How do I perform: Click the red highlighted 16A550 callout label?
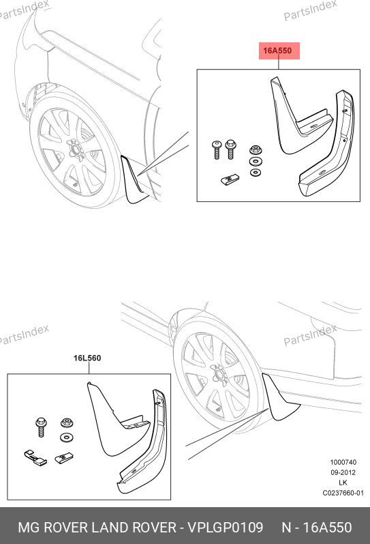[x=279, y=51]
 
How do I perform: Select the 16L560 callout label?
[x=87, y=358]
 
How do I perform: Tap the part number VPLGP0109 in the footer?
[x=225, y=528]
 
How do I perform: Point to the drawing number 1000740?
[x=343, y=462]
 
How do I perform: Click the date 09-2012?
[x=343, y=472]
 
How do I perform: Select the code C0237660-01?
[x=343, y=493]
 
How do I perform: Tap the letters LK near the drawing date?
[x=343, y=483]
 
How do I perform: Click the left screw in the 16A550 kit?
[x=217, y=149]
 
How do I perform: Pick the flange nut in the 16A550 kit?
[x=256, y=150]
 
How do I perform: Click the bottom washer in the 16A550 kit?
[x=256, y=173]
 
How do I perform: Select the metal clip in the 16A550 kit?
[x=230, y=179]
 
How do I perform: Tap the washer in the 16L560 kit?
[x=66, y=438]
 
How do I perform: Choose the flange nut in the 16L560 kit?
[x=66, y=423]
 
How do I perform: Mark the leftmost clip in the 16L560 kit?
[x=35, y=457]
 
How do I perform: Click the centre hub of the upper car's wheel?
[x=74, y=148]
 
